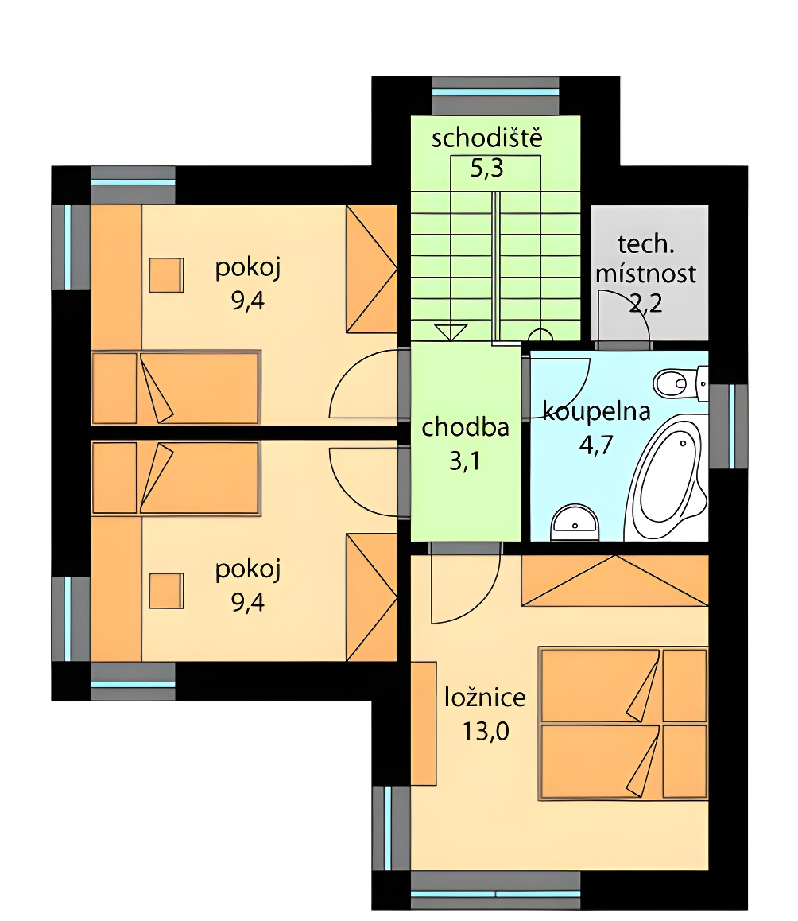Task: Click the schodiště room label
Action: pos(486,138)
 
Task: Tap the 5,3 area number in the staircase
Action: pos(486,169)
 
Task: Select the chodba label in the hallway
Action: pos(465,428)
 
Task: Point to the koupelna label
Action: pos(597,412)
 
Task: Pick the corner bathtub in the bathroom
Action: pos(667,476)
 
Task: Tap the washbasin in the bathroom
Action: pos(575,523)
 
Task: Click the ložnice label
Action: pos(485,698)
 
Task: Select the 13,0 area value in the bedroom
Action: pos(486,732)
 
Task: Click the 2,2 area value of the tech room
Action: pos(646,304)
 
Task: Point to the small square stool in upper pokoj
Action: pos(166,275)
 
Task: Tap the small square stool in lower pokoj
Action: pos(166,591)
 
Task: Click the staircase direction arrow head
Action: pos(451,332)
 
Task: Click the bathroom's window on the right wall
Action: pos(729,426)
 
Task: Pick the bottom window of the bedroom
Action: pos(496,891)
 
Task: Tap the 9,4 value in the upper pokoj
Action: pos(248,301)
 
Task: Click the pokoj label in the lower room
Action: pos(248,569)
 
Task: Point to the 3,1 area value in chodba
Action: pos(465,461)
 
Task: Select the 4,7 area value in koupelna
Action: pos(596,445)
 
